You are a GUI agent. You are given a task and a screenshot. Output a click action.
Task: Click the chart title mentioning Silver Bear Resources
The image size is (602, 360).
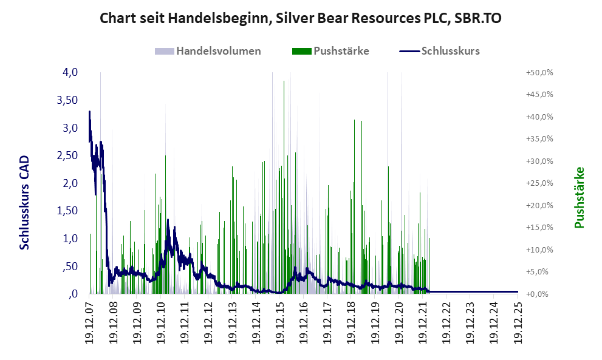pyautogui.click(x=301, y=18)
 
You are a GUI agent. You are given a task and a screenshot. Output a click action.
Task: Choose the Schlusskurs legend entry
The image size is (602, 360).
pyautogui.click(x=450, y=51)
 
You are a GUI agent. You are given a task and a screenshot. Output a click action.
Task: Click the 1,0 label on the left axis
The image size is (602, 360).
pyautogui.click(x=70, y=239)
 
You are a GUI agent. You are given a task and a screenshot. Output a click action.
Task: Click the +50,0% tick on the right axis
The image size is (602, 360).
pyautogui.click(x=539, y=72)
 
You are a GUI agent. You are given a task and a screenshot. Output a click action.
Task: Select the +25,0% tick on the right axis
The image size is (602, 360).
pyautogui.click(x=539, y=183)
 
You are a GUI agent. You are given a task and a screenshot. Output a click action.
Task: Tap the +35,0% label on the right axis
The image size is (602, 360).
pyautogui.click(x=539, y=139)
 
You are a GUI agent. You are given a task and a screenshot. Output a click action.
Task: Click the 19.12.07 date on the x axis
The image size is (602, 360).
pyautogui.click(x=89, y=322)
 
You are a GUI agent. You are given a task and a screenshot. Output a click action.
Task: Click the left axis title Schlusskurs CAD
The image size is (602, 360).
pyautogui.click(x=25, y=203)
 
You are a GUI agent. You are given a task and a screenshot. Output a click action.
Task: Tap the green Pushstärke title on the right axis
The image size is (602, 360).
pyautogui.click(x=578, y=198)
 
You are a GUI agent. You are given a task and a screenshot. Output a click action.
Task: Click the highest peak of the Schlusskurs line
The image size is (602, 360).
pyautogui.click(x=90, y=112)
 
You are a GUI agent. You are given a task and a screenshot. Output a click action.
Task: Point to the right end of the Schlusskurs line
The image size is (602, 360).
pyautogui.click(x=518, y=292)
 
